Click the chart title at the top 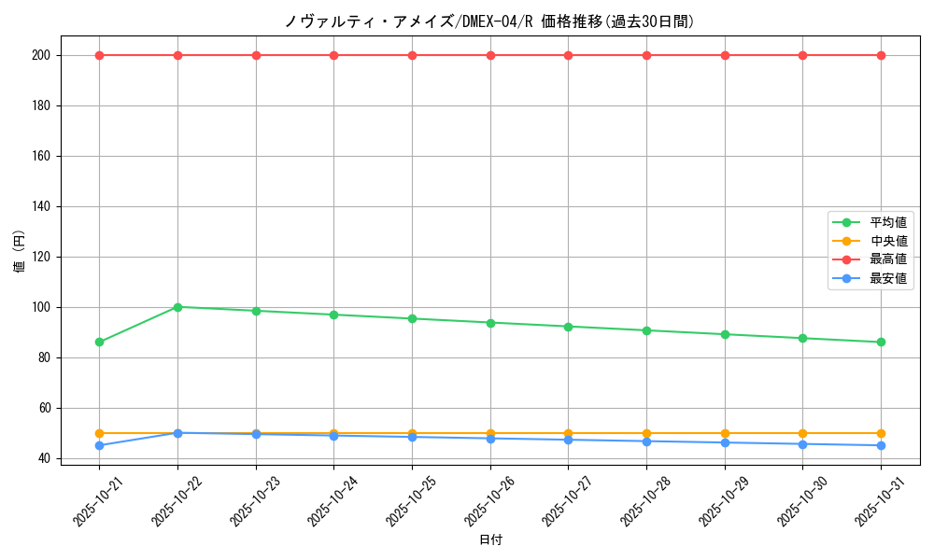coord(489,21)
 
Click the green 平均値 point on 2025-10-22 coord(177,307)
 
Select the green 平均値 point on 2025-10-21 coord(99,342)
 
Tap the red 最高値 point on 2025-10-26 coord(490,55)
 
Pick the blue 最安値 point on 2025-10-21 coord(99,445)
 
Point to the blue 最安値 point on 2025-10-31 coord(881,445)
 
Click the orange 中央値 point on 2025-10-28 coord(646,433)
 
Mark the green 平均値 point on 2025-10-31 coord(881,342)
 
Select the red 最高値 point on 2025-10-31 coord(881,55)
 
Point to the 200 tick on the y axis coord(43,55)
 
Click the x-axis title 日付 coord(490,540)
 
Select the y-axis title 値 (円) coord(20,251)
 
